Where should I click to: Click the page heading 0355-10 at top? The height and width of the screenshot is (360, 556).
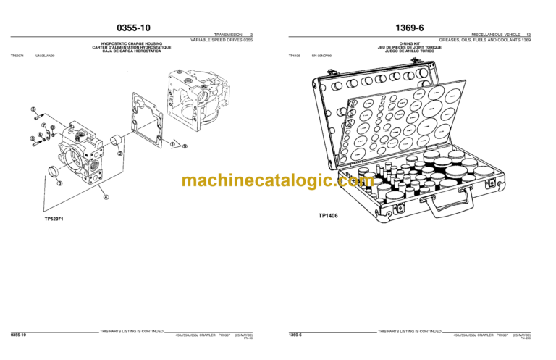[x=135, y=28]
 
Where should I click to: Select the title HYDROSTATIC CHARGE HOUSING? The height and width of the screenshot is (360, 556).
[x=135, y=43]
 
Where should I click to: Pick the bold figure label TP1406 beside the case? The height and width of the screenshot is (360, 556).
[x=328, y=215]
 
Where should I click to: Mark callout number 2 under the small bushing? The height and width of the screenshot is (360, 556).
[x=120, y=154]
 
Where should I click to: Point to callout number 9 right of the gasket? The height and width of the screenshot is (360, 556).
[x=185, y=147]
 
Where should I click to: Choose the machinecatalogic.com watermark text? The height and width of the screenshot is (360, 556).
[x=277, y=181]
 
